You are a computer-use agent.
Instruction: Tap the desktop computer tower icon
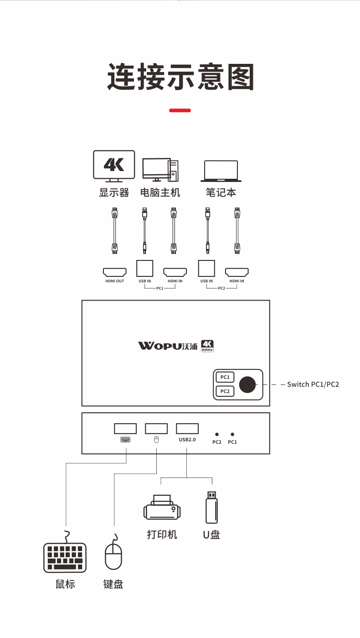point(160,170)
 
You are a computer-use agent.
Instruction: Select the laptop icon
point(221,171)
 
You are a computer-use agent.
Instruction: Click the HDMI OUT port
point(115,272)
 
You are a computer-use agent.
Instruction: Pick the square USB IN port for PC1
point(145,268)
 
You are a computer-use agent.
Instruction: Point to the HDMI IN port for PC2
point(237,272)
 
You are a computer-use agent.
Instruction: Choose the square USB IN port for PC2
point(206,268)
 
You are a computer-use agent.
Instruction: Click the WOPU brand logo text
point(168,346)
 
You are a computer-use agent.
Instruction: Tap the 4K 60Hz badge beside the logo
point(207,346)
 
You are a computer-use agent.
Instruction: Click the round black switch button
point(247,384)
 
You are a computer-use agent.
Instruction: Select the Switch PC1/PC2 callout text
point(313,384)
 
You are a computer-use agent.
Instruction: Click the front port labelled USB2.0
point(187,429)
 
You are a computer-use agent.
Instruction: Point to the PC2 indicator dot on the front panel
point(217,434)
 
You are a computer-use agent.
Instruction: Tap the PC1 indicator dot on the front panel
point(232,434)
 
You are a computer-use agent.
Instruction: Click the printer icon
point(162,507)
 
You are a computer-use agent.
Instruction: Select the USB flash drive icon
point(212,508)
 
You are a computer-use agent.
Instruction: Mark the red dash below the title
point(180,110)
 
